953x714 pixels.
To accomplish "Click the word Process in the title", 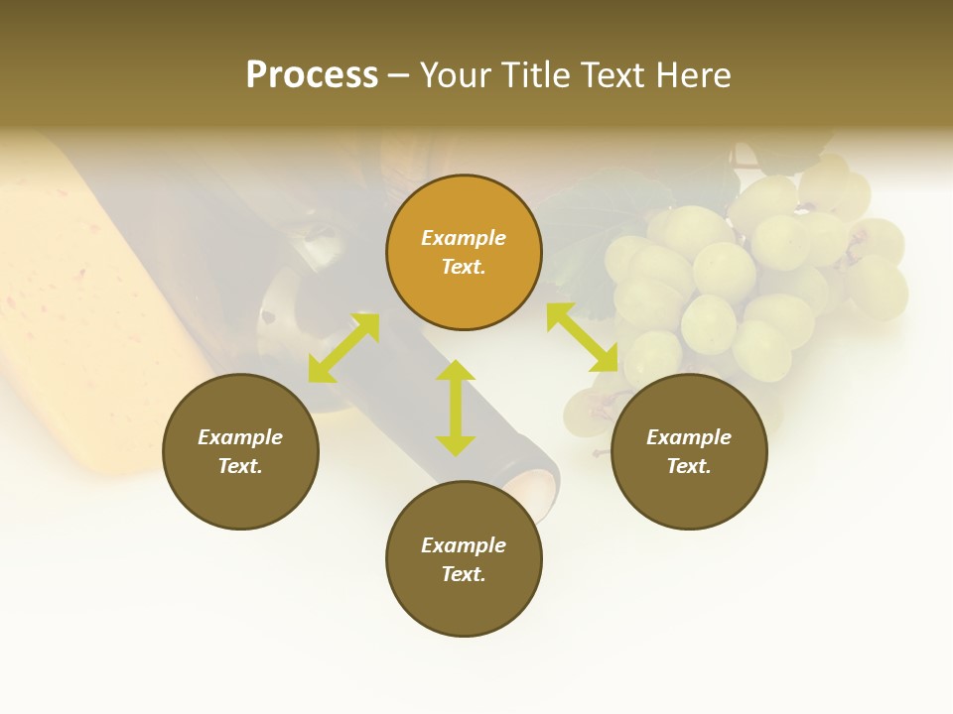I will tap(312, 75).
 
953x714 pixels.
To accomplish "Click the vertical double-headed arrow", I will tap(456, 409).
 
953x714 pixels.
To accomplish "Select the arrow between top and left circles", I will tap(343, 348).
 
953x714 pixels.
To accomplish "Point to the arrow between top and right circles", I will tap(582, 337).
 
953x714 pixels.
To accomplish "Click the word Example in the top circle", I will tap(464, 238).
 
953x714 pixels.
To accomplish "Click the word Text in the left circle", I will tap(240, 466).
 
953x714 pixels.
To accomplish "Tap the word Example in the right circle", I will tap(689, 437).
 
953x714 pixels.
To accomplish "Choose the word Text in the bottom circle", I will tap(464, 574).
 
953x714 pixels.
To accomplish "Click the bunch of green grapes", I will tap(754, 278).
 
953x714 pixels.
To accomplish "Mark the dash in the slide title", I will tap(399, 75).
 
